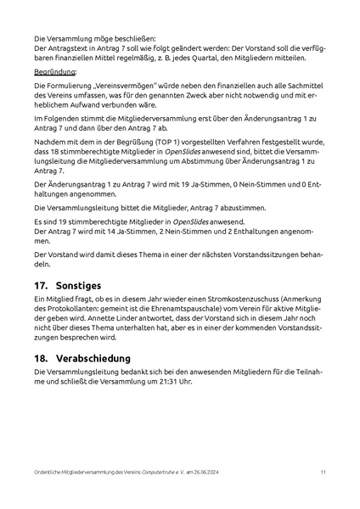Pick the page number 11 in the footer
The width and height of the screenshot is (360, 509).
(x=323, y=471)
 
